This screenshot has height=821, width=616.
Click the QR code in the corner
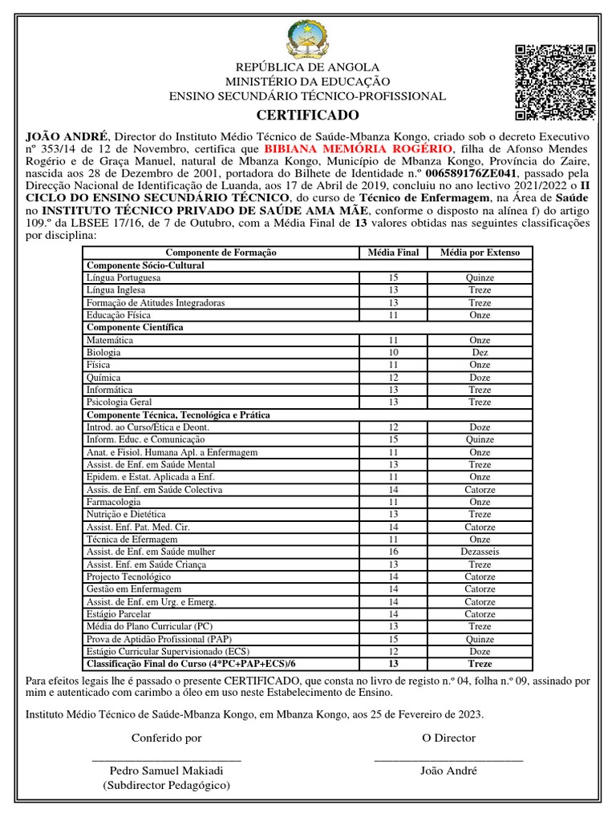[554, 83]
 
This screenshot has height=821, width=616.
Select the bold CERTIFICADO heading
[308, 115]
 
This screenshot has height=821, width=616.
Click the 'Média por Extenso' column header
[480, 253]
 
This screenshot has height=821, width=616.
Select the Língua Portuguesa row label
[124, 277]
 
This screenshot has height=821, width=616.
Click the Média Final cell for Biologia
[393, 352]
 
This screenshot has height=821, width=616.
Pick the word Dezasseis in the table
[480, 552]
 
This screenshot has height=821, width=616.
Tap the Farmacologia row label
[115, 502]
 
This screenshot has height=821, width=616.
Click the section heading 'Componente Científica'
[135, 327]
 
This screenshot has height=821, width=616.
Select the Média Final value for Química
[393, 377]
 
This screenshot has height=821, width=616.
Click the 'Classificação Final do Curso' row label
[191, 664]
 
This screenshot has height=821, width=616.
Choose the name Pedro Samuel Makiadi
[166, 770]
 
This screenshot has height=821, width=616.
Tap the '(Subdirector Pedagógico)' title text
[166, 786]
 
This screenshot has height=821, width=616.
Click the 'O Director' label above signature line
[448, 738]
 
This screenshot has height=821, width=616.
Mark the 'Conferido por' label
[166, 738]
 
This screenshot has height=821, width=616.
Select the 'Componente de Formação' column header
[221, 253]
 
